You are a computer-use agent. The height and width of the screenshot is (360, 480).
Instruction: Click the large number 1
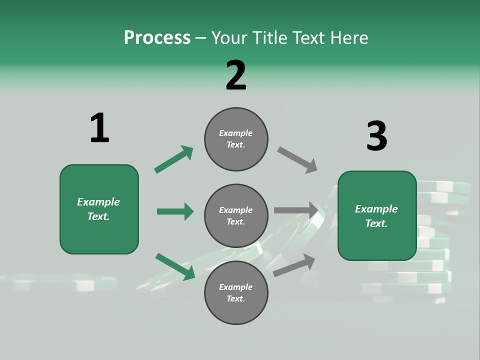[99, 128]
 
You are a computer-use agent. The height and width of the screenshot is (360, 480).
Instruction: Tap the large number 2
[236, 75]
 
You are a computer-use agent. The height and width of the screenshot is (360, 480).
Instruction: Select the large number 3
[376, 136]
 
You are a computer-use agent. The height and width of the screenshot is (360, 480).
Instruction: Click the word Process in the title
[157, 38]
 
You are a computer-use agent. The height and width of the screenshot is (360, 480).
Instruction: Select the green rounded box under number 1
[99, 209]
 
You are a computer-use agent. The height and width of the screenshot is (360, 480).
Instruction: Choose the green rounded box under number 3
[377, 216]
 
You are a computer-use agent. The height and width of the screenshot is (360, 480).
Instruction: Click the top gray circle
[236, 139]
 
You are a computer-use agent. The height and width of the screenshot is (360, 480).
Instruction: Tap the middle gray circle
[236, 216]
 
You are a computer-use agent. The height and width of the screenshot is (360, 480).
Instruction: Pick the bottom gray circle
[236, 293]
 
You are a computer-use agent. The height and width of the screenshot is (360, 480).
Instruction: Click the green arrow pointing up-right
[174, 159]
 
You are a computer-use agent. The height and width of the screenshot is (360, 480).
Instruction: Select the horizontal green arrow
[175, 211]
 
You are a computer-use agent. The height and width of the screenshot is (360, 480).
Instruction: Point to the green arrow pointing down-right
[175, 266]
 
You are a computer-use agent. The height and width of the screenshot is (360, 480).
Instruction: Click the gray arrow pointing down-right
[297, 159]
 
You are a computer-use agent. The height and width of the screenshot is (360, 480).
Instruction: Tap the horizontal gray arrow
[296, 210]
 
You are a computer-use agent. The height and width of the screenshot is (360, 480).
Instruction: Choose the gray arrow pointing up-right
[294, 265]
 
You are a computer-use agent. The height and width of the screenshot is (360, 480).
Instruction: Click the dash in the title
[201, 38]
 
